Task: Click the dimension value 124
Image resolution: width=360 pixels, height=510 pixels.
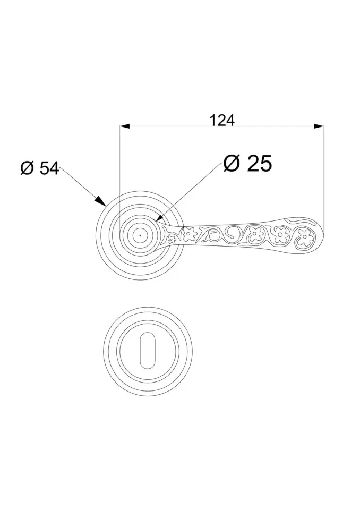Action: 221,120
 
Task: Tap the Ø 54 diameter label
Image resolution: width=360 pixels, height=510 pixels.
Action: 40,168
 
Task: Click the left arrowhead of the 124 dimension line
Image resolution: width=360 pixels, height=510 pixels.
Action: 125,126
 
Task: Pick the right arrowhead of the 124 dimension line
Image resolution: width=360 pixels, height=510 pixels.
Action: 319,126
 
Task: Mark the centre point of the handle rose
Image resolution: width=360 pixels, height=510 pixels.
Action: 140,235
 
